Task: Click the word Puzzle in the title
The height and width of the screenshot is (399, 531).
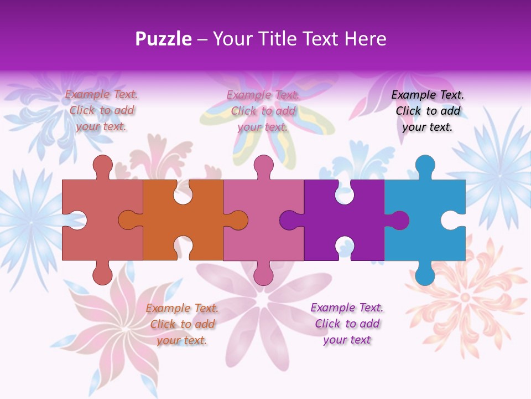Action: pyautogui.click(x=164, y=39)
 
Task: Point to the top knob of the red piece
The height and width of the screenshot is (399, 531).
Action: pyautogui.click(x=102, y=165)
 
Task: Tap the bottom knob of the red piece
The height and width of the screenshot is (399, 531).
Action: pyautogui.click(x=102, y=274)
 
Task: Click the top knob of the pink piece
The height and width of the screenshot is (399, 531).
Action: pyautogui.click(x=263, y=165)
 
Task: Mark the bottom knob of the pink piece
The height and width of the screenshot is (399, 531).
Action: pyautogui.click(x=263, y=274)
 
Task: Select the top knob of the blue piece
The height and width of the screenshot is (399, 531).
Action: pyautogui.click(x=425, y=165)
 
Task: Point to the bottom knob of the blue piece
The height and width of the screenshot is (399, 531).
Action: pyautogui.click(x=425, y=274)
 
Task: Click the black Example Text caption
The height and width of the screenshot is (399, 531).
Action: pyautogui.click(x=428, y=111)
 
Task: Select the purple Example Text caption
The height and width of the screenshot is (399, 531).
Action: pyautogui.click(x=347, y=324)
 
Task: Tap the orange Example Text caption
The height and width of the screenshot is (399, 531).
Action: pyautogui.click(x=182, y=324)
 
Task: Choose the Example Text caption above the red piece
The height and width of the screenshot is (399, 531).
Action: pyautogui.click(x=101, y=111)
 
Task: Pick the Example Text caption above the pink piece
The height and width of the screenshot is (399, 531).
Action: pyautogui.click(x=263, y=111)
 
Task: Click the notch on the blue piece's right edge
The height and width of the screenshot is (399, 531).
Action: pyautogui.click(x=452, y=220)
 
